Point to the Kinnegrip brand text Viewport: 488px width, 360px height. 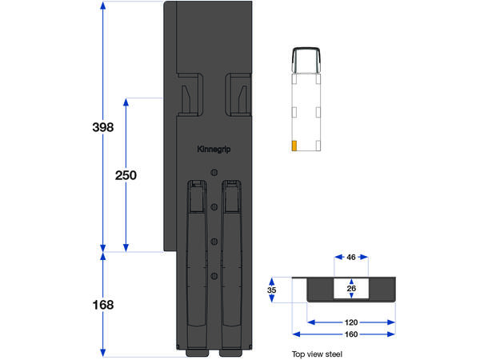click(x=213, y=149)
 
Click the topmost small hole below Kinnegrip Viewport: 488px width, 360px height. click(x=214, y=173)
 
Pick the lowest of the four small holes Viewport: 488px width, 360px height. click(x=214, y=276)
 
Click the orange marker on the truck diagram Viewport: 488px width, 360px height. click(x=294, y=146)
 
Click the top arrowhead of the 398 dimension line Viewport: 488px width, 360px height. click(x=103, y=6)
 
